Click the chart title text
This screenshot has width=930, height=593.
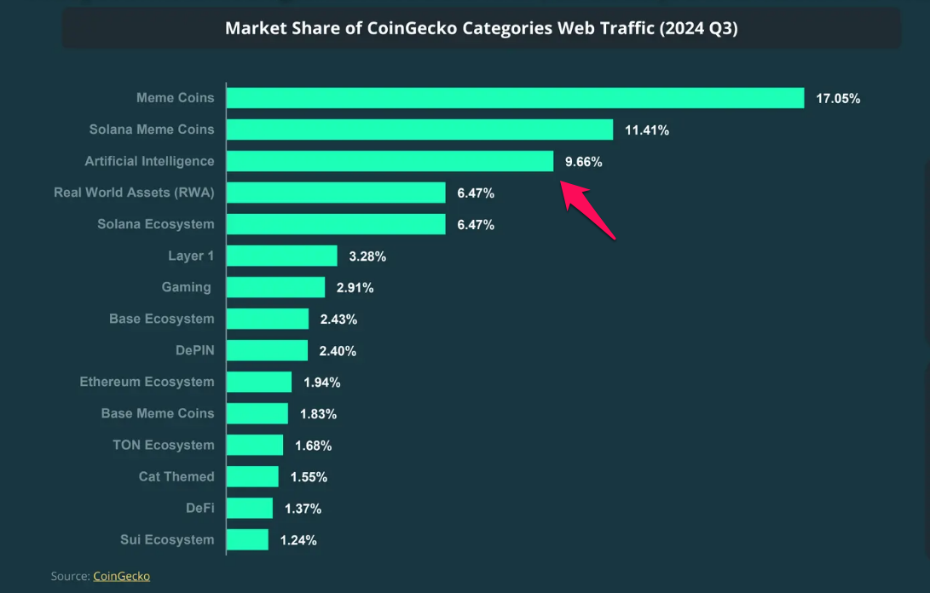481,28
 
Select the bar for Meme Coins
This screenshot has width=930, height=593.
515,98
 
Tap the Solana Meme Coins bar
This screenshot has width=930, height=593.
419,130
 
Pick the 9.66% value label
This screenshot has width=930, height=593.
584,161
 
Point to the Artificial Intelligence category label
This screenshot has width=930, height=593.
149,161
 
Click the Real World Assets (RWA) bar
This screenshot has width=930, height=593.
336,193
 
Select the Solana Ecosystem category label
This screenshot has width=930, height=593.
155,224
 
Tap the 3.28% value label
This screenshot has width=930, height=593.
367,256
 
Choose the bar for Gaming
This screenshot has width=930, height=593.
276,287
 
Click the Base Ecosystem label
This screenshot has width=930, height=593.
161,319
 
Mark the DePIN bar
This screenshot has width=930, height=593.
268,350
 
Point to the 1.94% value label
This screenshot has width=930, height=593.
322,383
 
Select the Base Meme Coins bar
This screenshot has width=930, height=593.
257,413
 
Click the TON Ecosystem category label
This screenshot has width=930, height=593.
163,445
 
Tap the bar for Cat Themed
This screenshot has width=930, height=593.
253,476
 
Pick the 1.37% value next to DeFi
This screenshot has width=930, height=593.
303,509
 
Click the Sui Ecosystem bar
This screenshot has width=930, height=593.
248,539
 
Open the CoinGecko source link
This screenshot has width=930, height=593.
121,576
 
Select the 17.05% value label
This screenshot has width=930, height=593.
838,98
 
